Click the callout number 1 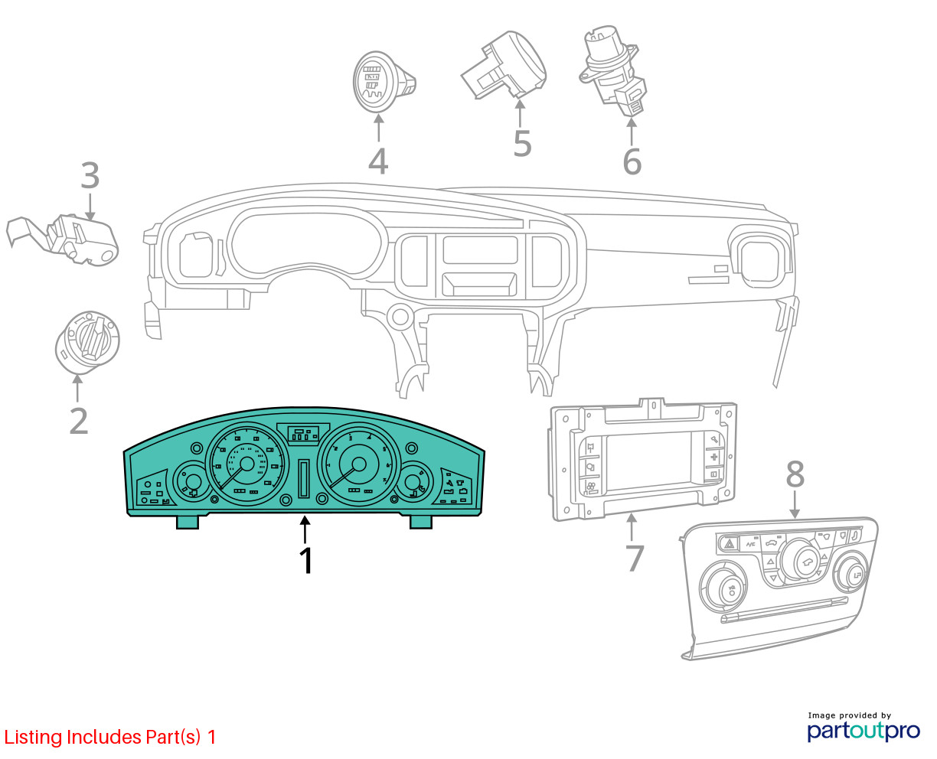(305, 561)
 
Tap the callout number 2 (78, 422)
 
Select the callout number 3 (90, 176)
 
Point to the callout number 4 (378, 161)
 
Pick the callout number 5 (522, 144)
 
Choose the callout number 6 (632, 161)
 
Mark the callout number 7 (635, 559)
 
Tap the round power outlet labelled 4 (377, 80)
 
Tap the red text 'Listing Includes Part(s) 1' (110, 738)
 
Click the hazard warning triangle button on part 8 (730, 545)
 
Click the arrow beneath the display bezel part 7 (632, 528)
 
